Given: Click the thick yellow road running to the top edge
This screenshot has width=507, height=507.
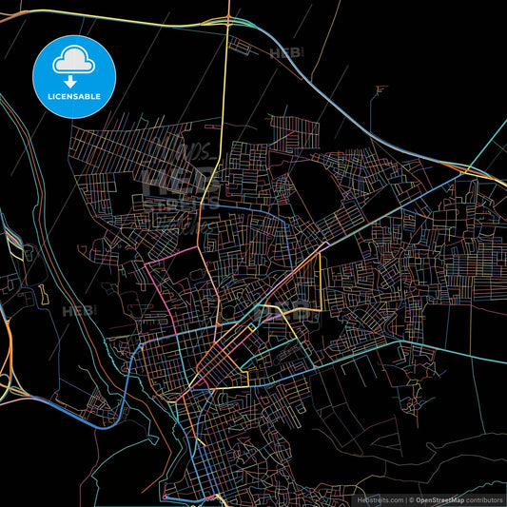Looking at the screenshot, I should (226, 57).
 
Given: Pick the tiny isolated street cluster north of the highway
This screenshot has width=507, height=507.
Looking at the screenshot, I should (380, 92).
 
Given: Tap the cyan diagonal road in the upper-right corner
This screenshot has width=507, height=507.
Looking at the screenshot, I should (490, 143).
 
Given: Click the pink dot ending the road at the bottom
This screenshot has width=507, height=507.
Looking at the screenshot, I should (164, 497).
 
